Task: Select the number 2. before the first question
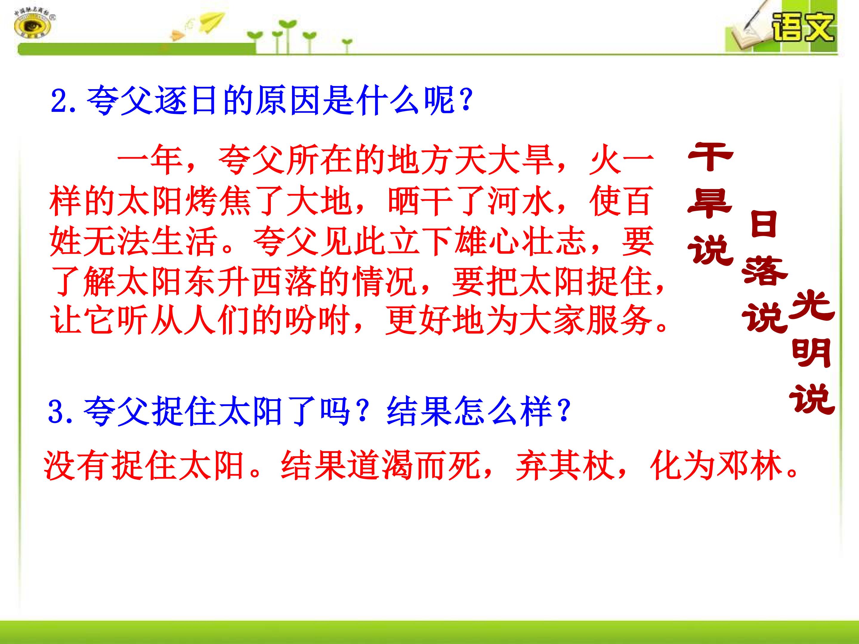(63, 100)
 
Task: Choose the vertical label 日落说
(764, 272)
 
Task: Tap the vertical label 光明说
(812, 357)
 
